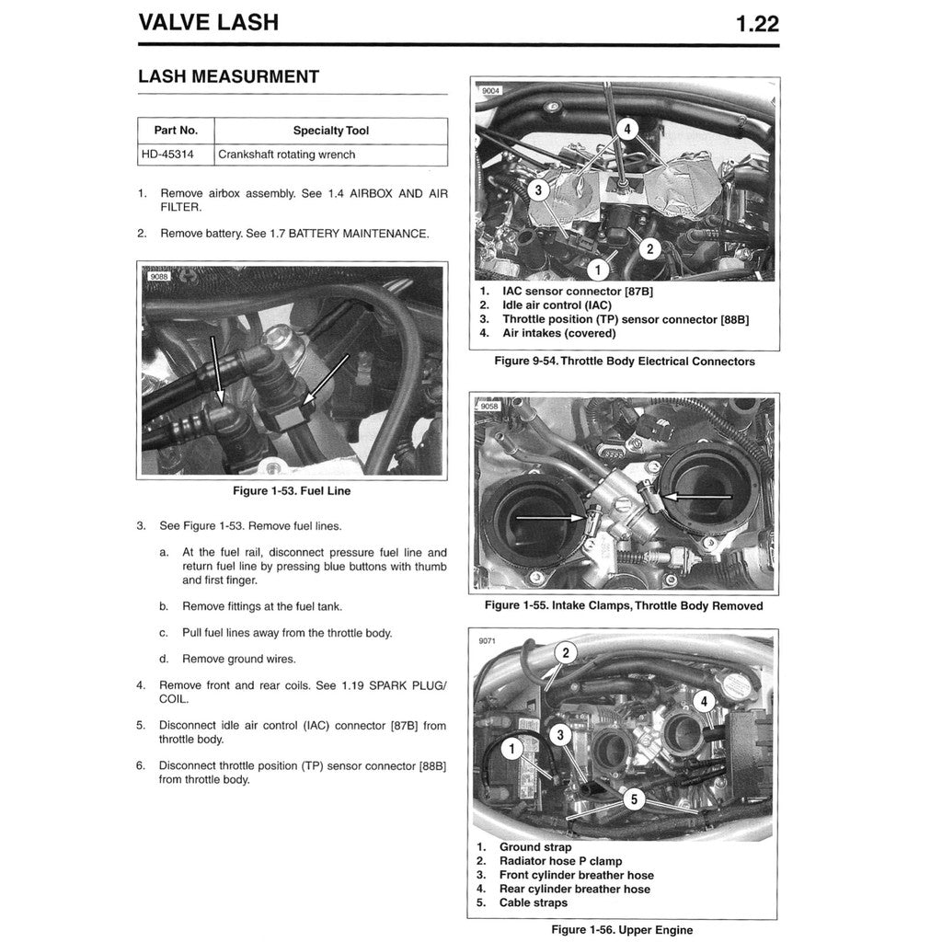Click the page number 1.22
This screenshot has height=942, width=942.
(x=757, y=23)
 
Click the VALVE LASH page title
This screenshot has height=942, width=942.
(x=208, y=23)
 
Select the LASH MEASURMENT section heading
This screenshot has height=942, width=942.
(x=228, y=77)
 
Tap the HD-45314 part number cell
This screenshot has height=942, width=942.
(x=167, y=155)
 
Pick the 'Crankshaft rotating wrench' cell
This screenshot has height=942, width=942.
(x=286, y=155)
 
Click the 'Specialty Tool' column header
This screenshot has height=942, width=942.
(x=330, y=131)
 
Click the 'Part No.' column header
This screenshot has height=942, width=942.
(x=176, y=131)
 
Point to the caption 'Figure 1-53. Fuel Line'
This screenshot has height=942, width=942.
(x=292, y=491)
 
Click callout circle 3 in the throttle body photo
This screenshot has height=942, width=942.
(x=540, y=190)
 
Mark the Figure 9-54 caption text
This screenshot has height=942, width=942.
(x=624, y=362)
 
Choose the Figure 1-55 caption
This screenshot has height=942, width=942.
(x=624, y=606)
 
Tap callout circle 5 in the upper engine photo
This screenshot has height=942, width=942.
(x=632, y=799)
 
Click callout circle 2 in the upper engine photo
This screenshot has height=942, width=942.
(x=566, y=653)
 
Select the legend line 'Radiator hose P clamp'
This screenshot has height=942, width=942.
(x=560, y=861)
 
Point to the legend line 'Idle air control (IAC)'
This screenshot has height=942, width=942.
(x=557, y=304)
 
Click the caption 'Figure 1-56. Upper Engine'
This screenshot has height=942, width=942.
(x=622, y=930)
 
